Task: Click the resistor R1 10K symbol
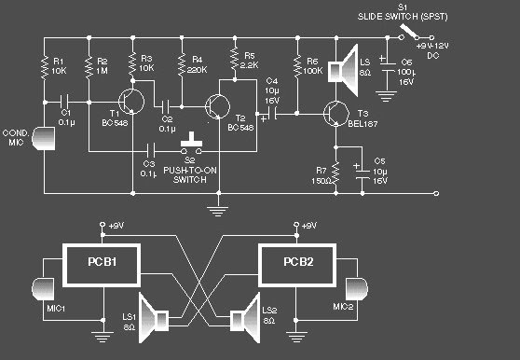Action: pos(44,65)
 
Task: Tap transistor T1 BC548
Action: pos(131,97)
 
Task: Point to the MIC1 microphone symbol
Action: pos(40,289)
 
